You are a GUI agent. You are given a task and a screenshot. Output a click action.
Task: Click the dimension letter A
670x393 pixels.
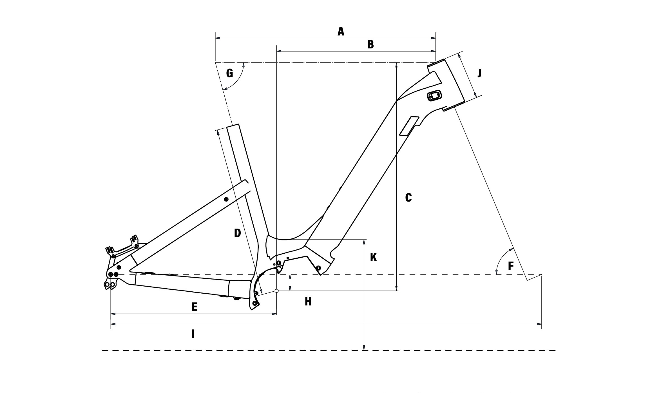pos(341,32)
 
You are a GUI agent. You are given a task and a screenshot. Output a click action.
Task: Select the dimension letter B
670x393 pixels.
pos(370,44)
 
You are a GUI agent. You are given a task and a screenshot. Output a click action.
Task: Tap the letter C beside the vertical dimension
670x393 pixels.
pos(408,198)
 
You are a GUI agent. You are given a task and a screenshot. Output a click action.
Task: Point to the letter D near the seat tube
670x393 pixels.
pos(238,233)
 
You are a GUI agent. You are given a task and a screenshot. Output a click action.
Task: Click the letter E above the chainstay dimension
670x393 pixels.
pos(194,307)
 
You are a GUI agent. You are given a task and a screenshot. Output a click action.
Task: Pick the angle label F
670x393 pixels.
pos(511,266)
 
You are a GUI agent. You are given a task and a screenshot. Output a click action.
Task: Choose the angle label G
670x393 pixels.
pos(230,74)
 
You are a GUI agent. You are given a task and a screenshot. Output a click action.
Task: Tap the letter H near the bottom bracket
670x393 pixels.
pos(308,302)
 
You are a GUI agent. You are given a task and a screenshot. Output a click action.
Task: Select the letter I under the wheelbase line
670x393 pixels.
pos(193,334)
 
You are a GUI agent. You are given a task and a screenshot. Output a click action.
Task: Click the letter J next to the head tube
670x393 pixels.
pos(479,73)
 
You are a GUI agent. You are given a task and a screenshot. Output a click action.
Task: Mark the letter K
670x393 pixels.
pos(373,257)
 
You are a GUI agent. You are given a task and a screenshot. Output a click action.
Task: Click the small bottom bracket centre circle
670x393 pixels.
pos(277,291)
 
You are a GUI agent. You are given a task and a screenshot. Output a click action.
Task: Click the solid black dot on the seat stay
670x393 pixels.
pos(226,199)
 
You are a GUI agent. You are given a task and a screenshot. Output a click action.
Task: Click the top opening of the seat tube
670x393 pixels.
pos(233,126)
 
